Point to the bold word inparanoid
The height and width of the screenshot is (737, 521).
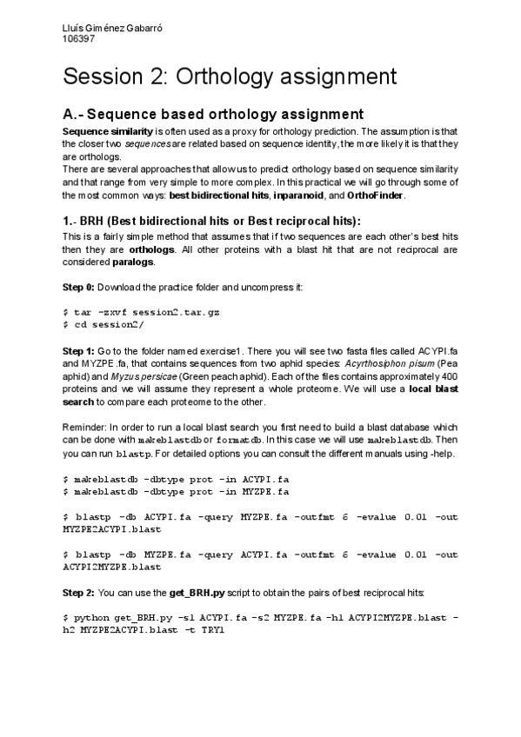click(x=297, y=196)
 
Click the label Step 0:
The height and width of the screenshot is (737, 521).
click(x=80, y=287)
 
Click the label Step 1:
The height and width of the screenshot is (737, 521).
click(x=80, y=348)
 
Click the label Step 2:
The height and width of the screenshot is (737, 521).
click(x=80, y=592)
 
